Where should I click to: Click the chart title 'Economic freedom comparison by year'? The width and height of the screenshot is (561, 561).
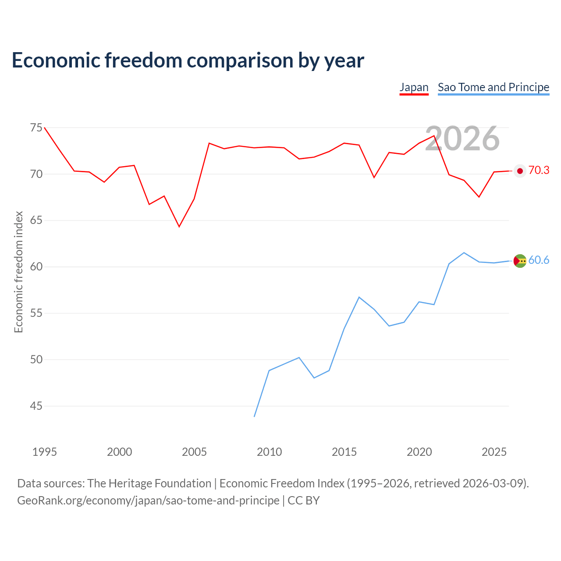tap(188, 60)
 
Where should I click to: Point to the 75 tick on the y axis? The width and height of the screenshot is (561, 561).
tap(36, 128)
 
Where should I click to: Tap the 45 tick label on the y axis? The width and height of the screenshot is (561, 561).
tap(36, 406)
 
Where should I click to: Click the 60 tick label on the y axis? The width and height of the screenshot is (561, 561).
tap(36, 266)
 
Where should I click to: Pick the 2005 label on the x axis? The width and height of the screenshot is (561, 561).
tap(194, 452)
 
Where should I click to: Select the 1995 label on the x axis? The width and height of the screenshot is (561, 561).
tap(45, 452)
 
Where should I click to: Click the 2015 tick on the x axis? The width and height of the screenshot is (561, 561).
tap(344, 452)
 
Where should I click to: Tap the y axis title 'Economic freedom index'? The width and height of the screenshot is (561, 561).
tap(18, 272)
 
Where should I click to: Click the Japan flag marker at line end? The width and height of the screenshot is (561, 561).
tap(520, 171)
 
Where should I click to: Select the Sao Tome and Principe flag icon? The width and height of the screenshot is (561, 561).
tap(520, 261)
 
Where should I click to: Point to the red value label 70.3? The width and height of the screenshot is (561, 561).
tap(539, 170)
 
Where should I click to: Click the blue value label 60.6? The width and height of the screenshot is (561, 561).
tap(539, 260)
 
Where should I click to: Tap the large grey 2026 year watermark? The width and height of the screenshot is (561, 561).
tap(462, 138)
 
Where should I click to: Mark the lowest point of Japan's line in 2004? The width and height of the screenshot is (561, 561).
tap(179, 227)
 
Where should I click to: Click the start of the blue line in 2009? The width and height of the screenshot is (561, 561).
tap(254, 417)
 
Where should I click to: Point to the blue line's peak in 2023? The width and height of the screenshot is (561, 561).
tap(464, 253)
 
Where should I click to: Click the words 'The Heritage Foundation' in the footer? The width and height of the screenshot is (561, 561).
tap(149, 483)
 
